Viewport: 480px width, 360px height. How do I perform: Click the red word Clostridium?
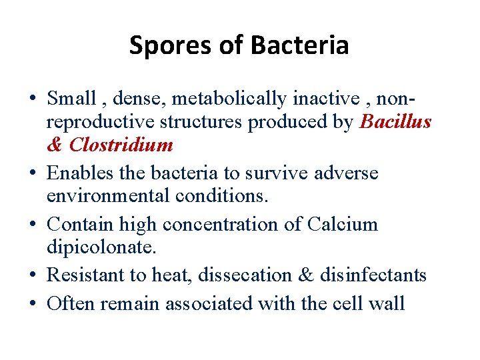pyautogui.click(x=121, y=145)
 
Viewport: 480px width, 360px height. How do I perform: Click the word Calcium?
pyautogui.click(x=342, y=225)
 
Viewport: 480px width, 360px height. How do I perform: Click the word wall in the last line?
pyautogui.click(x=386, y=304)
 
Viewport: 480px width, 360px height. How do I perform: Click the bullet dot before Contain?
pyautogui.click(x=32, y=225)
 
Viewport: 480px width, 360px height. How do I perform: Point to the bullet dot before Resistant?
pyautogui.click(x=32, y=276)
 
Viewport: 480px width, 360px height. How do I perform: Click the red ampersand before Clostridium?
pyautogui.click(x=55, y=145)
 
